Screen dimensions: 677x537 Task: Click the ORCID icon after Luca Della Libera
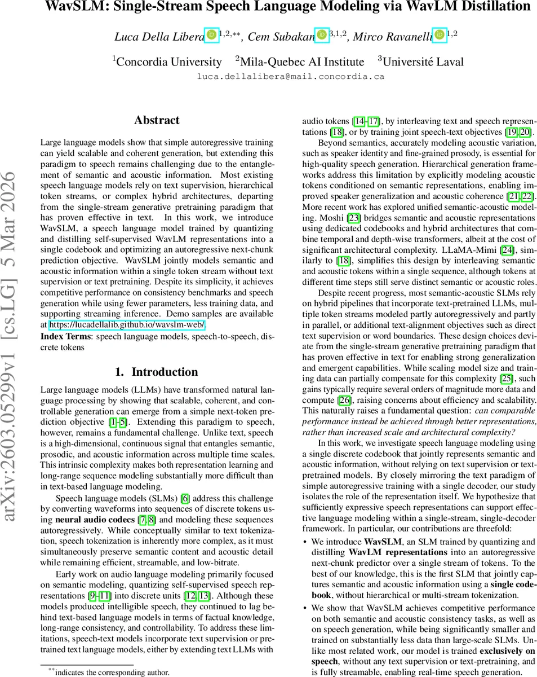pos(211,35)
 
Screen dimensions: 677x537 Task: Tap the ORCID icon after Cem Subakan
pos(321,35)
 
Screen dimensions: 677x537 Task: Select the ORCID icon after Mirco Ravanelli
pos(439,35)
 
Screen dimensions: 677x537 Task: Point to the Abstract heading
pos(157,120)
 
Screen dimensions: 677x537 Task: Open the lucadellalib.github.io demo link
pos(127,324)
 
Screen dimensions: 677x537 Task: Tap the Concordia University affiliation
pos(168,61)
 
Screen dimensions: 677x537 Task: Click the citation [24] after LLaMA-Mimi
pos(507,249)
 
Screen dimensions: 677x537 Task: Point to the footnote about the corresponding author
pos(108,672)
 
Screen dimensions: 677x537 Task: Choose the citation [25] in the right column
pos(507,379)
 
